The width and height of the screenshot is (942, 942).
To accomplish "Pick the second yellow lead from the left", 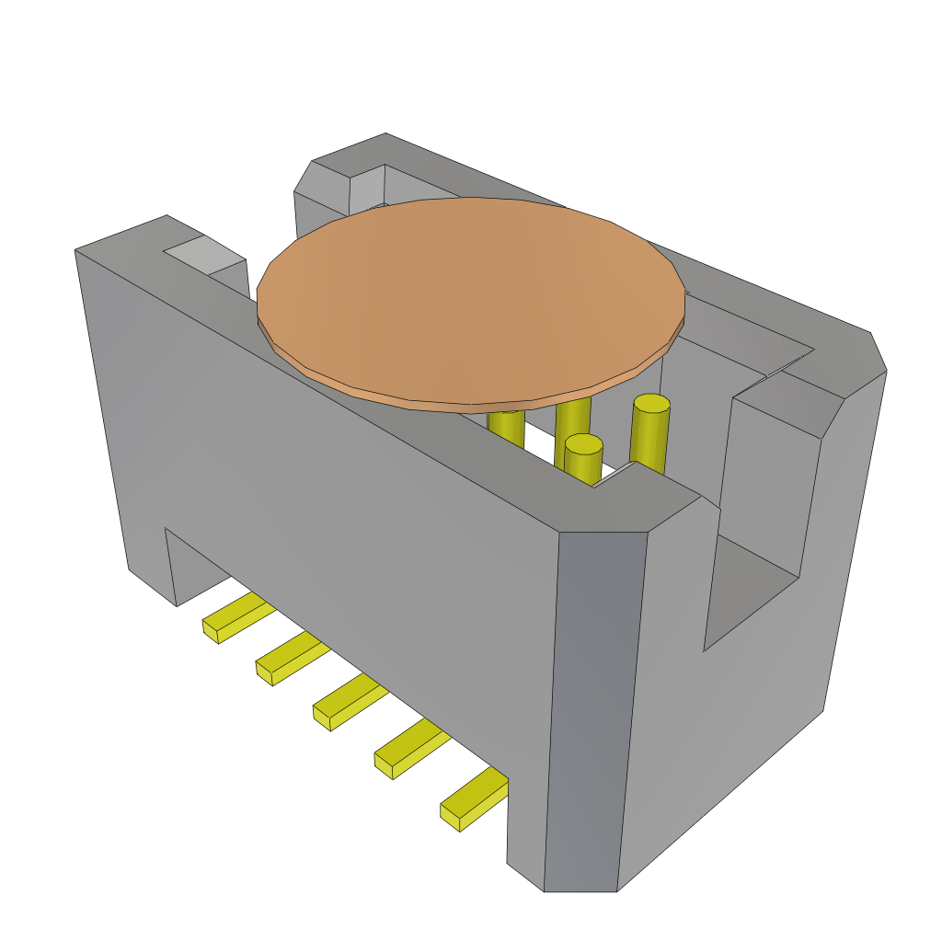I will [291, 657].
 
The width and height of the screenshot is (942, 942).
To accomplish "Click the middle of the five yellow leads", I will [349, 700].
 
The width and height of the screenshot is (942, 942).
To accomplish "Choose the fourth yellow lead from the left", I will [410, 747].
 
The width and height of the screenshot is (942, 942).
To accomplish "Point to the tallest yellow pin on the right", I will [649, 432].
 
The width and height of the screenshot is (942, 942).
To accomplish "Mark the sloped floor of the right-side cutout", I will [750, 589].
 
